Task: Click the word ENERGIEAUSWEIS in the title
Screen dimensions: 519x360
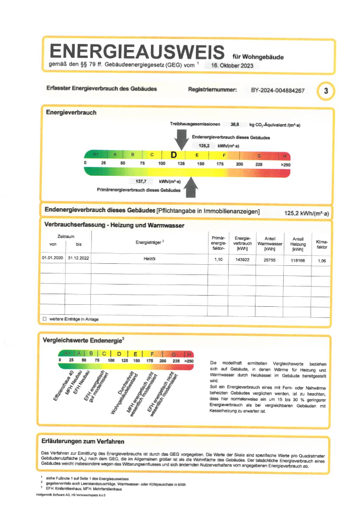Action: tap(136, 51)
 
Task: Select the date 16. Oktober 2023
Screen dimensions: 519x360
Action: tap(233, 66)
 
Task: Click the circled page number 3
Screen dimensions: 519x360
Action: tap(326, 91)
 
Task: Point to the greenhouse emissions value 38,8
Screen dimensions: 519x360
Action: tap(235, 124)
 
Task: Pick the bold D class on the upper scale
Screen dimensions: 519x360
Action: tap(173, 155)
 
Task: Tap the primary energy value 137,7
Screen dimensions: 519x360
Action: tap(141, 181)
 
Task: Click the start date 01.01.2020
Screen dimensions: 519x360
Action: tap(53, 259)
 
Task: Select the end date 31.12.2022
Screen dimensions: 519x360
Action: tap(78, 259)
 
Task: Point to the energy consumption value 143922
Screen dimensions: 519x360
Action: tap(240, 259)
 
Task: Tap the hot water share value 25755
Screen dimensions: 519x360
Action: tap(269, 259)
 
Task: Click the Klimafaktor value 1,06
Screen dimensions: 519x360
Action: tap(322, 260)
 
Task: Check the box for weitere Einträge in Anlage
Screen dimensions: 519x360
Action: tap(44, 319)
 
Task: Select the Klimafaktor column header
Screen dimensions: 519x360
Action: tap(322, 245)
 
